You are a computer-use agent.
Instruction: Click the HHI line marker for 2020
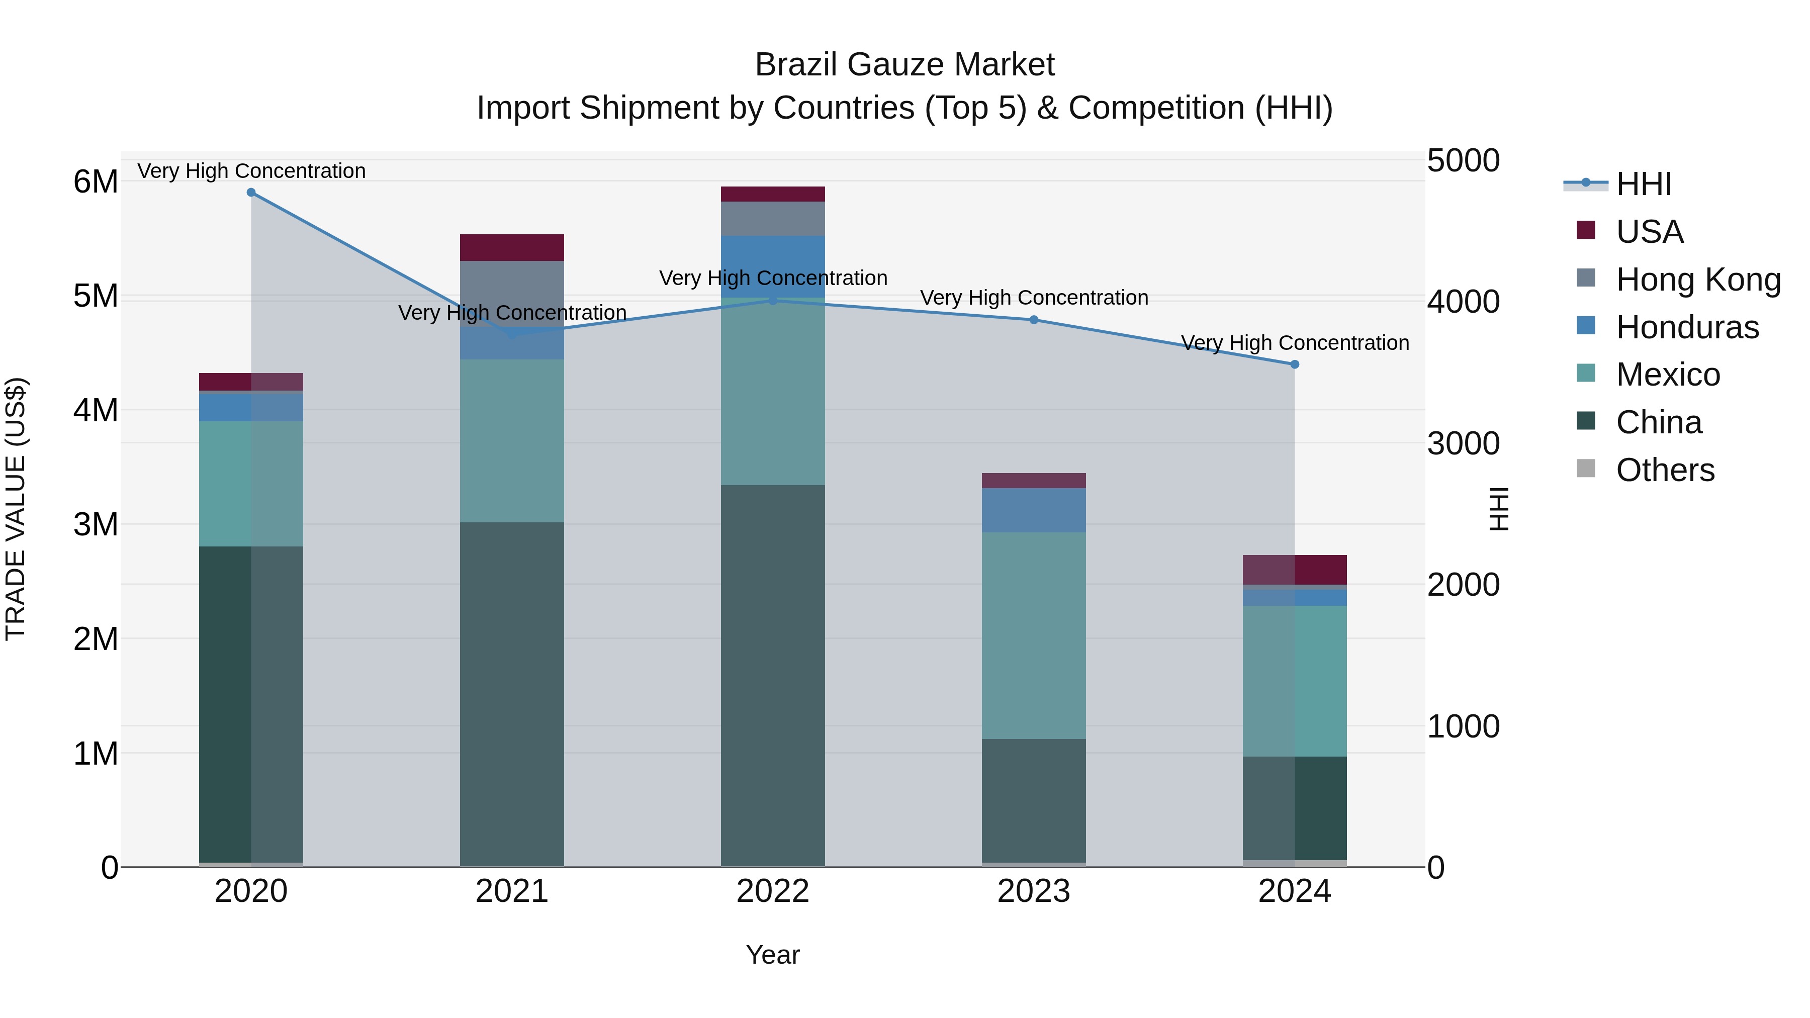point(251,193)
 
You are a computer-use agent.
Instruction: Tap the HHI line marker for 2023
point(1034,320)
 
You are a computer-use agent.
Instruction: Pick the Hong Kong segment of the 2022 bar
point(772,219)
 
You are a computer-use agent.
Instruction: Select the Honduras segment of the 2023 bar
point(1034,510)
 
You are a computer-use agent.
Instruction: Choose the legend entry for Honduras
point(1686,327)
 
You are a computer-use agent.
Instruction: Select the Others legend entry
point(1665,470)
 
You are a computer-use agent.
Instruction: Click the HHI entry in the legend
point(1643,184)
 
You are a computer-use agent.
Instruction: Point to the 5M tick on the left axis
point(96,296)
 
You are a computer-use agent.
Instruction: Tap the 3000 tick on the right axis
point(1463,443)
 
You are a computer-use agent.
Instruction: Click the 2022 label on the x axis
point(772,891)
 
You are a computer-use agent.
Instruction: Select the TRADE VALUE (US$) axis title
point(16,509)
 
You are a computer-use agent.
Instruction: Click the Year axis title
point(772,955)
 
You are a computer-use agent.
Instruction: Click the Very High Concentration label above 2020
point(251,171)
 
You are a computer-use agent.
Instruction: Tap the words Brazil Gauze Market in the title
point(904,65)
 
